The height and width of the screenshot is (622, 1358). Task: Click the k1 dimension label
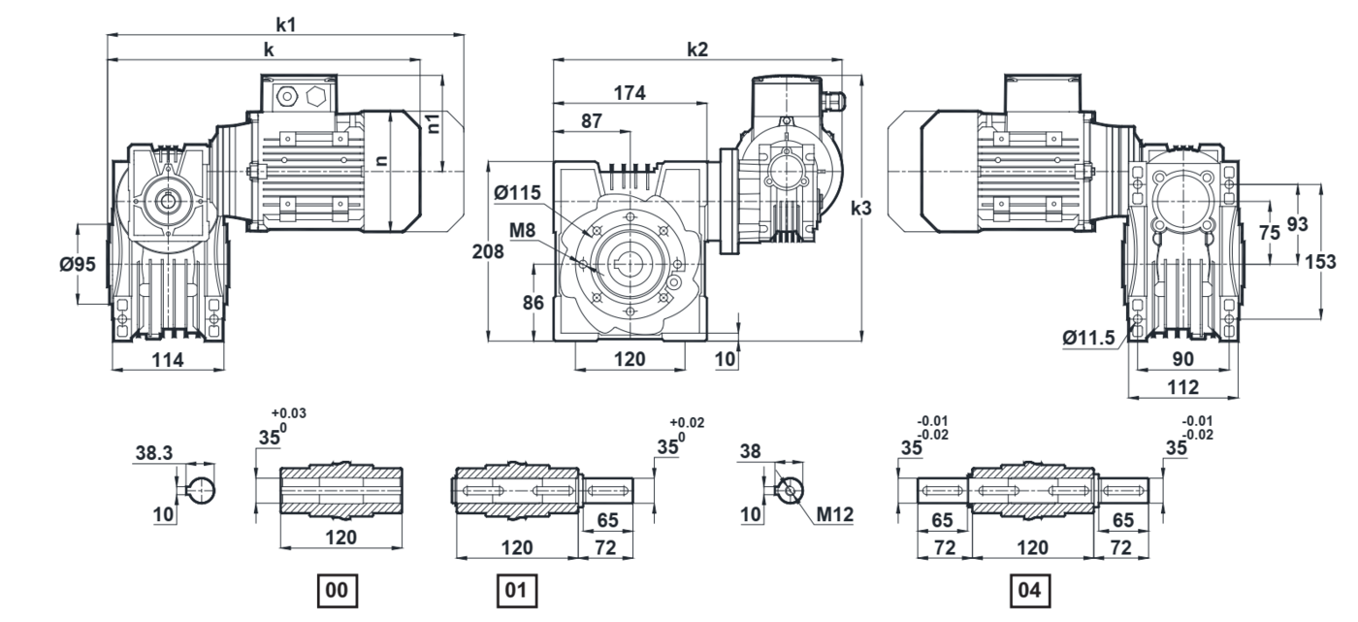point(286,23)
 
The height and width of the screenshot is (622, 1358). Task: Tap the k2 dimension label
point(696,49)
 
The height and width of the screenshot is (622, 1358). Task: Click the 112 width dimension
point(1183,386)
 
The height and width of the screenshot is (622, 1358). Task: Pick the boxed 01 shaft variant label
point(515,588)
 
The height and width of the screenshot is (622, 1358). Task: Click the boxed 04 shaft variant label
point(1029,588)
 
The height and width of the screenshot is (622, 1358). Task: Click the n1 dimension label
point(434,121)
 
